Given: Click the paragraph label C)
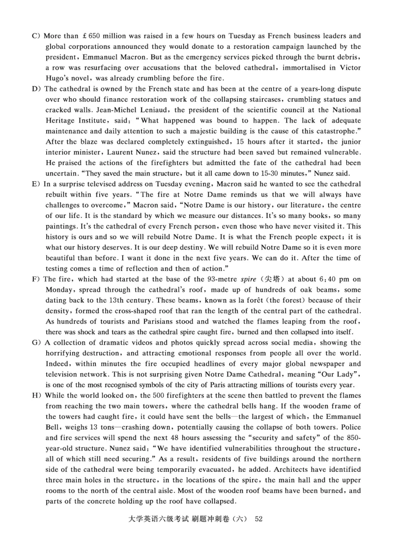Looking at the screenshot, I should click(36, 36).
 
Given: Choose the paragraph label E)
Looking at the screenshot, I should click(36, 184).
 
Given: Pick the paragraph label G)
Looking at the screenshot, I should click(36, 342).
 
